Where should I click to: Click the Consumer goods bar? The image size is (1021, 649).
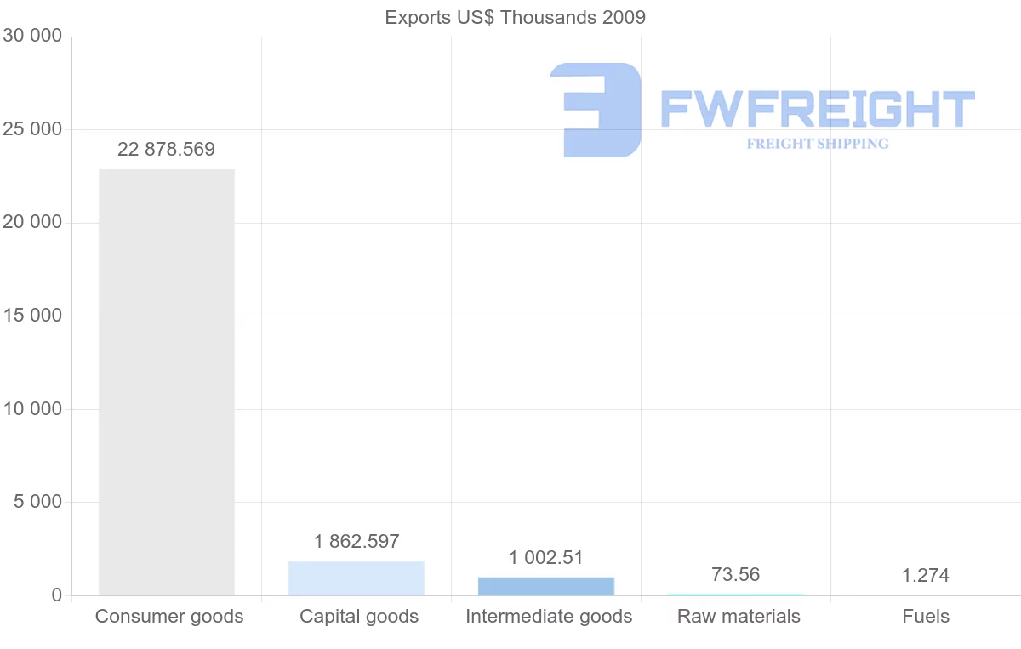167,382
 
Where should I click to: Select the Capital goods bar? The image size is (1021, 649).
356,578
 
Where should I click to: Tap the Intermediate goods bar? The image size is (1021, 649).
546,586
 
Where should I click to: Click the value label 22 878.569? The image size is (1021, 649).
167,150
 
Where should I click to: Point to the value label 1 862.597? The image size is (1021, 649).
356,542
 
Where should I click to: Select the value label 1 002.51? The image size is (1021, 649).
546,558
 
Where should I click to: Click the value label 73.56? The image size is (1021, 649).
736,575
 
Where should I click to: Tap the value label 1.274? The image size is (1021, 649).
926,576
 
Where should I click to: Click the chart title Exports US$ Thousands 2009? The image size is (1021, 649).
516,17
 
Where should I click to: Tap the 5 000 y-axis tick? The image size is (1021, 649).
38,502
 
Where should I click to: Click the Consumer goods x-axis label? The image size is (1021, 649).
169,617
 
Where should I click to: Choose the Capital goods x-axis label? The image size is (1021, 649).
359,617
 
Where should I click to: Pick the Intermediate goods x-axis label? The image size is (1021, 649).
549,617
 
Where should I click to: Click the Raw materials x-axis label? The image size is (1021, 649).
739,617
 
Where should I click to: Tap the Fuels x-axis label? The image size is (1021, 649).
926,617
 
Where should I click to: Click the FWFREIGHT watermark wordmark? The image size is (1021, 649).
818,109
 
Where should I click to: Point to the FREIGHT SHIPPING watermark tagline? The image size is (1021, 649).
818,144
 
